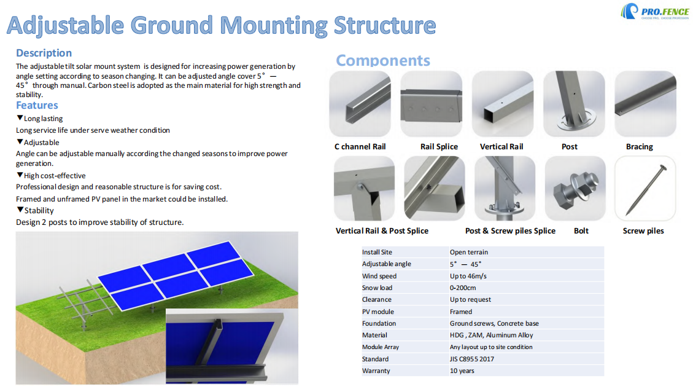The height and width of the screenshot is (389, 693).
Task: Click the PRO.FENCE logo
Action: click(x=654, y=12)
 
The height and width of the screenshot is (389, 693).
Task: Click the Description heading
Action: click(x=44, y=53)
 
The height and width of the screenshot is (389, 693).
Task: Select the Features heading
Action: click(x=37, y=105)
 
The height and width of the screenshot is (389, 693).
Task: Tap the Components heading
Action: click(x=383, y=60)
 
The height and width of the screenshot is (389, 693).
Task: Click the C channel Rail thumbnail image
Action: click(x=360, y=103)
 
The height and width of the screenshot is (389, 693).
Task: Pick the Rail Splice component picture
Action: click(x=431, y=103)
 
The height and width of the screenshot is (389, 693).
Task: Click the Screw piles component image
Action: click(x=645, y=187)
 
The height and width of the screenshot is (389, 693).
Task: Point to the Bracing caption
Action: click(x=639, y=147)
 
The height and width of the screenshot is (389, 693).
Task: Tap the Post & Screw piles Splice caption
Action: click(x=510, y=231)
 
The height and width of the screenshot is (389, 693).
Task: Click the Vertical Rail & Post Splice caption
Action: click(x=382, y=231)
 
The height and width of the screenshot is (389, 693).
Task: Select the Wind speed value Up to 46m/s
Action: click(x=468, y=276)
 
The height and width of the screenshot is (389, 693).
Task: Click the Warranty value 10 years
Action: click(x=462, y=371)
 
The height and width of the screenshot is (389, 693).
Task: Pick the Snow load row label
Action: click(x=377, y=288)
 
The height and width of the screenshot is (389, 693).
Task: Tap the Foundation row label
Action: click(x=379, y=323)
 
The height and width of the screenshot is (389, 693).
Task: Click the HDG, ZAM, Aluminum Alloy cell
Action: click(x=491, y=335)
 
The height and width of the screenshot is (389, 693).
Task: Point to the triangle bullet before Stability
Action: click(x=20, y=210)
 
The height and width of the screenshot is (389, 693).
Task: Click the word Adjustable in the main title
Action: click(x=68, y=26)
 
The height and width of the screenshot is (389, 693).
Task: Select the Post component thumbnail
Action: click(x=573, y=103)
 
